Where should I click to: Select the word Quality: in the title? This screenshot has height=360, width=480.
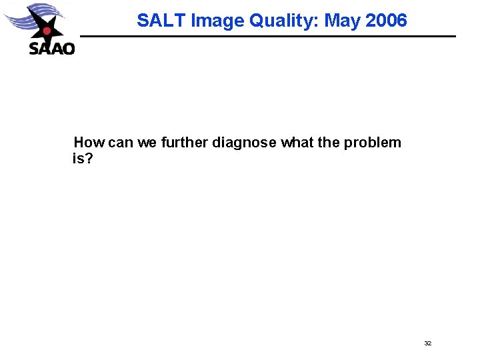(283, 21)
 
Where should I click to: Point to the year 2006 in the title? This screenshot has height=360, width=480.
(386, 21)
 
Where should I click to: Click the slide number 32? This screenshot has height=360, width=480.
(428, 343)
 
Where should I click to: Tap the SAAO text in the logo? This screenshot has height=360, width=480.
(51, 48)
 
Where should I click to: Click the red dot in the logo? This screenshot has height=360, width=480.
(47, 31)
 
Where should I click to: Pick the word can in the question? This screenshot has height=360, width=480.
(121, 142)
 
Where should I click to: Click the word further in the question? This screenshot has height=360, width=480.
(185, 142)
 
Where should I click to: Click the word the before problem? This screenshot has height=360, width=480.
(329, 142)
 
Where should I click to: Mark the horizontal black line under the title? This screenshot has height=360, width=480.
(267, 36)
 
